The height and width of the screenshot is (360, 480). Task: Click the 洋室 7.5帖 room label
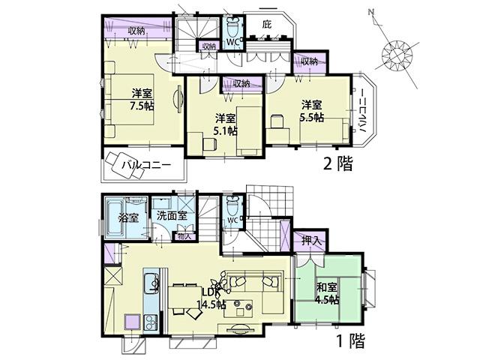pos(142,100)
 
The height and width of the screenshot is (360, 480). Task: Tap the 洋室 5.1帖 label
pos(225,124)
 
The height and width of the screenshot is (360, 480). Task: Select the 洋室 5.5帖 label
pos(310,111)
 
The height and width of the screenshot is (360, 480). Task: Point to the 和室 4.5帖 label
pos(327,292)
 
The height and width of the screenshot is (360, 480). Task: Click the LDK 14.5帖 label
pos(211,298)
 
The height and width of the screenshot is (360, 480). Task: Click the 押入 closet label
pos(311,241)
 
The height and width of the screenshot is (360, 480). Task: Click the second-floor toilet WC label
pos(233,42)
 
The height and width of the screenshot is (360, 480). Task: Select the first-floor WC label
pos(233,220)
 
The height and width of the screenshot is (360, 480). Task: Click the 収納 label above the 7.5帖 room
pos(136,30)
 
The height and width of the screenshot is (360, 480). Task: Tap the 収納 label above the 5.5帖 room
pos(309,61)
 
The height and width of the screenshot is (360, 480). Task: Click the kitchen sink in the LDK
pos(151,283)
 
